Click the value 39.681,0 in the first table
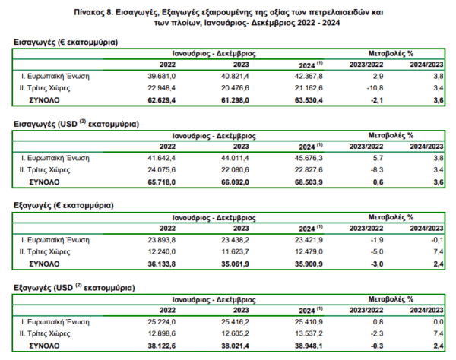(x=161, y=77)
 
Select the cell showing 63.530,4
(x=309, y=100)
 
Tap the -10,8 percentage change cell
(x=375, y=88)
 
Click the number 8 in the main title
(x=110, y=12)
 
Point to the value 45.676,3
(x=309, y=158)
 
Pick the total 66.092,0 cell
(x=235, y=182)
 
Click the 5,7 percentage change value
(x=378, y=158)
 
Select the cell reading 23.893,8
(x=161, y=240)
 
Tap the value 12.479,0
(x=309, y=252)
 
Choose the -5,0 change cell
(x=377, y=252)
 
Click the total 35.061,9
(x=235, y=264)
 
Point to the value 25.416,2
(x=235, y=322)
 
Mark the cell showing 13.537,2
(x=309, y=333)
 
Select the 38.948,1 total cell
(x=309, y=346)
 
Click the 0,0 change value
(x=439, y=322)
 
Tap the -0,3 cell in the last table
(x=377, y=346)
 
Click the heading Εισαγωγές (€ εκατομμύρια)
(x=65, y=43)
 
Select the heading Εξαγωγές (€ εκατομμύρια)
(x=64, y=206)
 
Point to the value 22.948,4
(x=161, y=88)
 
